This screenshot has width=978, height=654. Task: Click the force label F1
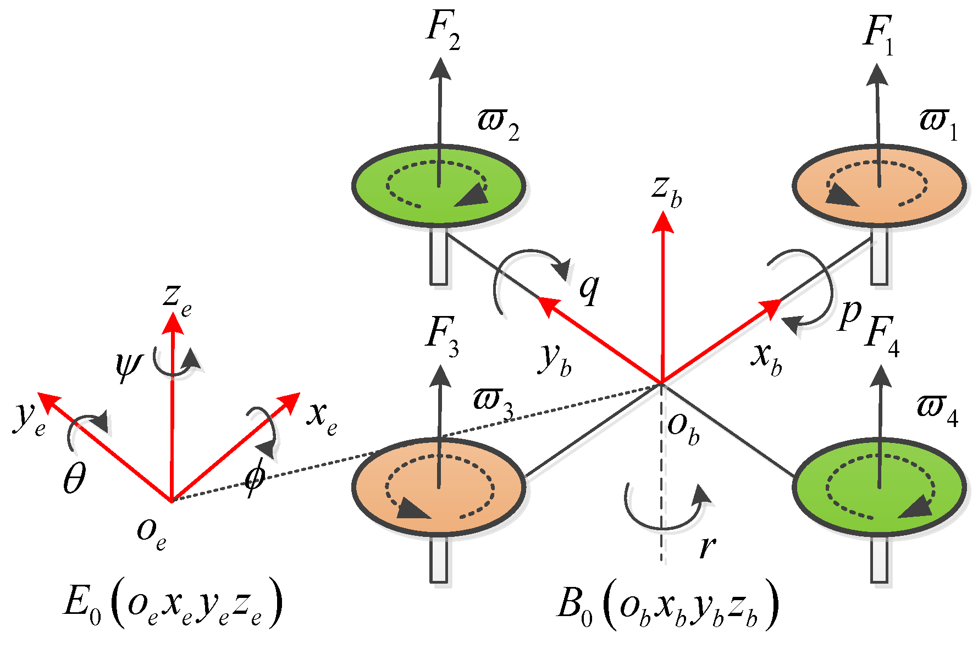coord(878,36)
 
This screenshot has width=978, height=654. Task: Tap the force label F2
coord(443,33)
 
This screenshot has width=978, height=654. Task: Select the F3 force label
coord(441,337)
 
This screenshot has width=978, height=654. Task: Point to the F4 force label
coord(882,337)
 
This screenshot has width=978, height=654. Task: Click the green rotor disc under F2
coord(379,187)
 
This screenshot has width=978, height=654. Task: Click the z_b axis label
coord(667,191)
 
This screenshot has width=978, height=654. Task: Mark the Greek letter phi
coord(255,478)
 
